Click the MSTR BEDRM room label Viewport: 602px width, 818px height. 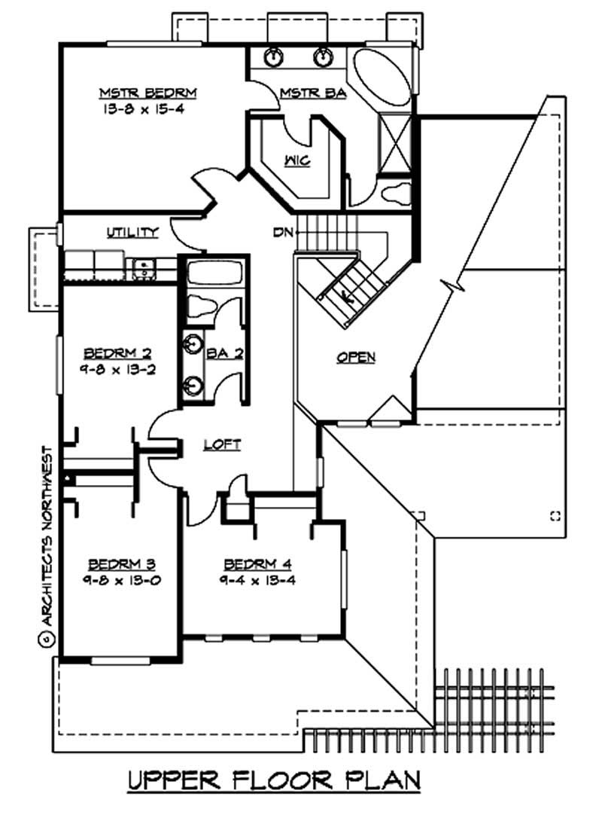[148, 93]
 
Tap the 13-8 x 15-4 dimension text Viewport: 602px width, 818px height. [148, 108]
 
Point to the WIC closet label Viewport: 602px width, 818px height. [294, 160]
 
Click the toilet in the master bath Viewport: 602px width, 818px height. [394, 193]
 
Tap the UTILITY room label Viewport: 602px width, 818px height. [132, 232]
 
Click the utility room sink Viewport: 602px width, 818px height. [141, 266]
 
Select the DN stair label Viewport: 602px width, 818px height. [283, 232]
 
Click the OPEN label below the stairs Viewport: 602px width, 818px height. [356, 358]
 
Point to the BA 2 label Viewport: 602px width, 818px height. [223, 353]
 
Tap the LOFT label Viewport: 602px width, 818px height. [223, 445]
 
